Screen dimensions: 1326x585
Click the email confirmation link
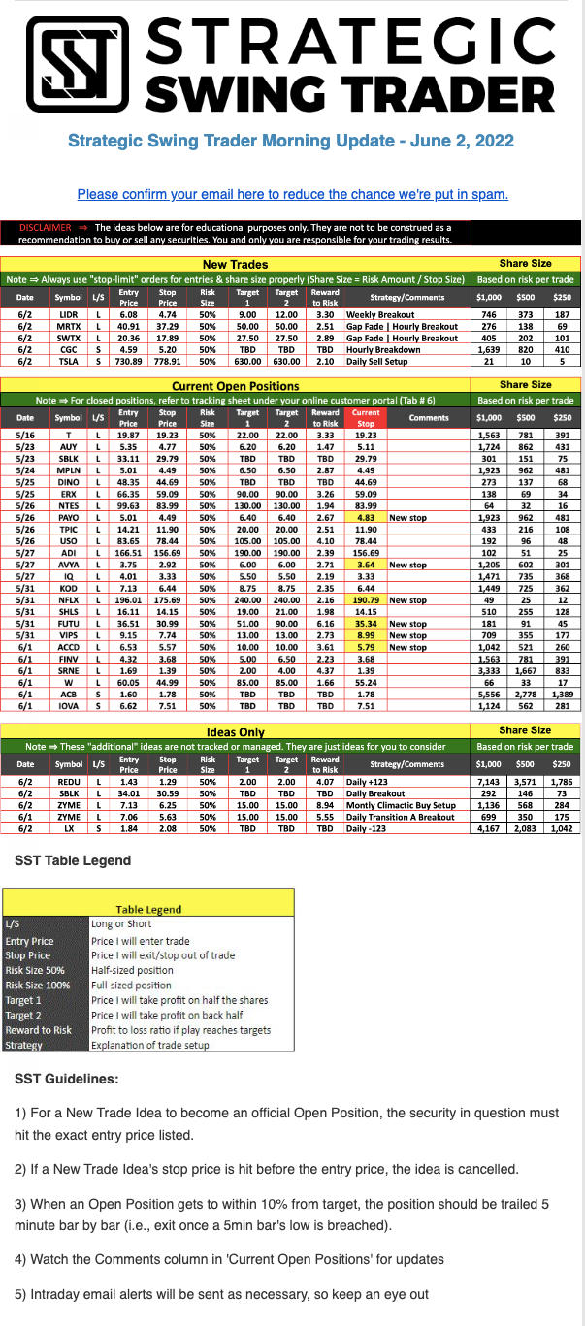(292, 194)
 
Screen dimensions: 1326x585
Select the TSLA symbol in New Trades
(69, 362)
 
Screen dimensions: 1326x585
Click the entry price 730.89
(128, 362)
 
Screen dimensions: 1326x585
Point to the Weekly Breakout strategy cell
(381, 315)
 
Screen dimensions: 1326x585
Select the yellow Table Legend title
(148, 909)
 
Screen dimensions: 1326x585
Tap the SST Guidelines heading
(67, 1078)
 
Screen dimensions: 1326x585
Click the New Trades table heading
(236, 264)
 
